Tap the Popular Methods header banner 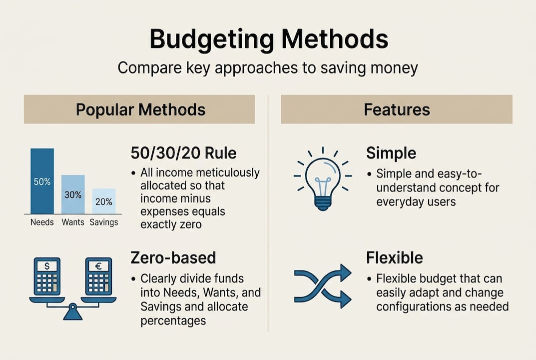pyautogui.click(x=140, y=109)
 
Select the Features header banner pyautogui.click(x=397, y=109)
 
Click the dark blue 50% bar pyautogui.click(x=42, y=181)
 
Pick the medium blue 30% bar pyautogui.click(x=73, y=194)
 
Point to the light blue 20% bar pyautogui.click(x=104, y=201)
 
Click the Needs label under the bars pyautogui.click(x=42, y=222)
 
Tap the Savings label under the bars pyautogui.click(x=104, y=222)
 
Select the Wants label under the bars pyautogui.click(x=73, y=222)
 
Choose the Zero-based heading pyautogui.click(x=173, y=257)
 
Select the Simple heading pyautogui.click(x=391, y=153)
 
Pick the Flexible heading pyautogui.click(x=395, y=257)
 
